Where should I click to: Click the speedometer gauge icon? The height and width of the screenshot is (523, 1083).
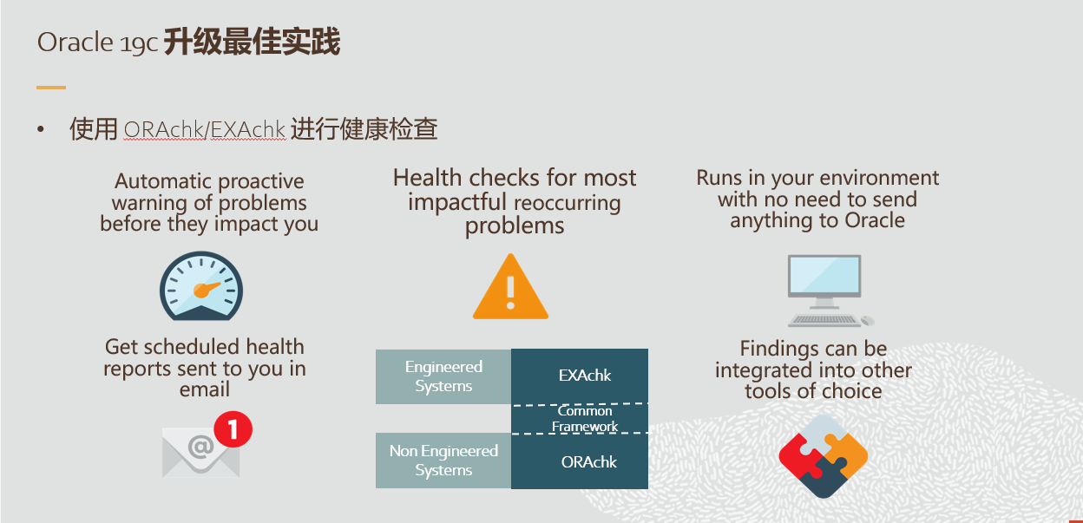(x=201, y=287)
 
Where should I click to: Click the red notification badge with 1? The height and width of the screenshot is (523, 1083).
(x=233, y=428)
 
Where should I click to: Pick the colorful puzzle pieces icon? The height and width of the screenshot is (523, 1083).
(x=823, y=455)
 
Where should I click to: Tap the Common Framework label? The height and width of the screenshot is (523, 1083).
(x=585, y=419)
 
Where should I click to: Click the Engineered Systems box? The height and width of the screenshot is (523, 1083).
(x=443, y=376)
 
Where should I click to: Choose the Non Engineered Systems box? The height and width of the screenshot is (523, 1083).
(x=443, y=461)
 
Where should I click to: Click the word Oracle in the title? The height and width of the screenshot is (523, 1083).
(x=75, y=42)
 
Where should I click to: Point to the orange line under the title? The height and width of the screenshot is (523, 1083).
(x=51, y=87)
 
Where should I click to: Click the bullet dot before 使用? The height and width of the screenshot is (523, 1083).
(x=40, y=130)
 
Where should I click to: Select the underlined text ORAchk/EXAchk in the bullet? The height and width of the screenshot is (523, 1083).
(x=205, y=130)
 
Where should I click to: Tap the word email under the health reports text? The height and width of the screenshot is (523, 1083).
(x=205, y=390)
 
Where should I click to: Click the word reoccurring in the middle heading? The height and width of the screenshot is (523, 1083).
(x=567, y=204)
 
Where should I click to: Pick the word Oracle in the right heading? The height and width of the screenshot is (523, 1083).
(x=870, y=220)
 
